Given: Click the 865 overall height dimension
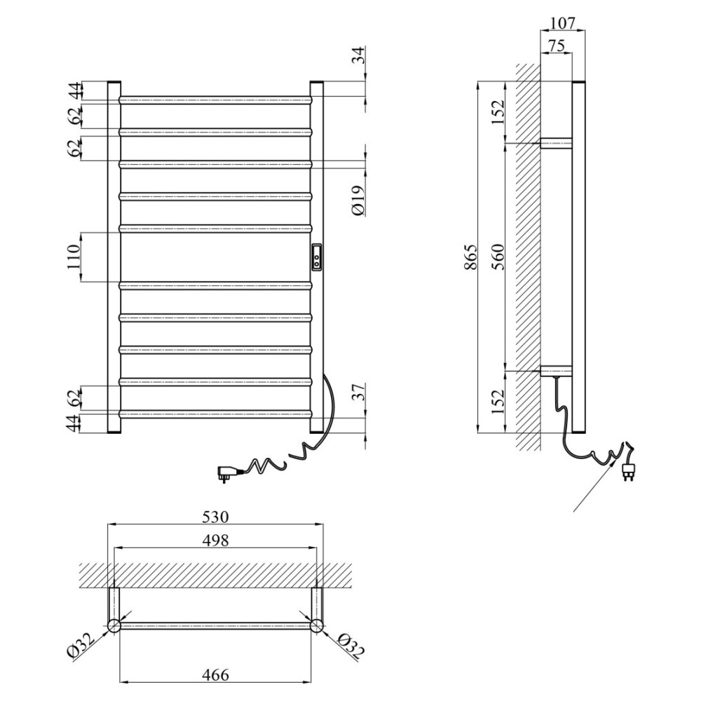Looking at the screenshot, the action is coord(471,257).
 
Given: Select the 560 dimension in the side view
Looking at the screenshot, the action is coord(498,257).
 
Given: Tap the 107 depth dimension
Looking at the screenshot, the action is coord(562,23).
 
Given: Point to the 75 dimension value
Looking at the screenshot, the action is coord(556,45).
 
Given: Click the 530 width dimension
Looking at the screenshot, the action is coord(215,517).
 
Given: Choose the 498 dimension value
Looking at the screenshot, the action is coord(215,540).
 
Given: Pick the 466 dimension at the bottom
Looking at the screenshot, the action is coord(215,674).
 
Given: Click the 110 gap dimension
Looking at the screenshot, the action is coord(74,257).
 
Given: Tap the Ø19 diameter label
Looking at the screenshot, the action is coord(358,200).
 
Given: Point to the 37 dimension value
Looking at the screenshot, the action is coord(358,392).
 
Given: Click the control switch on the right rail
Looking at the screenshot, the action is coord(317,257).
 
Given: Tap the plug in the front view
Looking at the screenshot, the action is coord(226,472).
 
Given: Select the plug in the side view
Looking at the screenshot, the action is coord(628,470).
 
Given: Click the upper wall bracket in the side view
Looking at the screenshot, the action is coord(556,143).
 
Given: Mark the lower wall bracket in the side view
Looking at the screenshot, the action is coord(556,371).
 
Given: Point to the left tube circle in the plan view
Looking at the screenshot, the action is coord(114,625).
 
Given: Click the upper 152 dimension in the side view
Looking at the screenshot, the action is coord(498,111).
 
